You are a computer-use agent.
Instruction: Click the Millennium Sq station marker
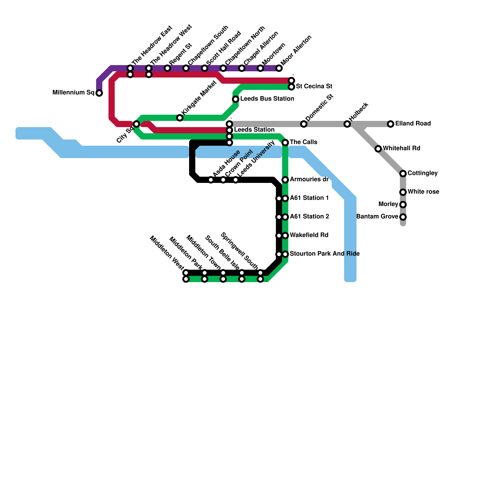(99, 93)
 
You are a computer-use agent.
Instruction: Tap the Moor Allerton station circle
(279, 68)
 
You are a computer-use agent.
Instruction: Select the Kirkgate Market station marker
(180, 118)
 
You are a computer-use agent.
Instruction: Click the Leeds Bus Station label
(267, 99)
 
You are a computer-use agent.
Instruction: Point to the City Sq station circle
(136, 124)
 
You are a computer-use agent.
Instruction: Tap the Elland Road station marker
(391, 124)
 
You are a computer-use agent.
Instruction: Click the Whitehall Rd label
(401, 148)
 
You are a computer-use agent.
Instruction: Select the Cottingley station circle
(403, 174)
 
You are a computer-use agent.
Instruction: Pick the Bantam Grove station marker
(403, 217)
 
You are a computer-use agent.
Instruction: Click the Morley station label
(388, 204)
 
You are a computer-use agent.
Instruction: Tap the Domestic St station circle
(304, 124)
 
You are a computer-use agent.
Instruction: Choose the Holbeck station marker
(347, 124)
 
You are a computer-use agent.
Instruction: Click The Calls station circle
(285, 143)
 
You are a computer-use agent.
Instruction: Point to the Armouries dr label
(309, 179)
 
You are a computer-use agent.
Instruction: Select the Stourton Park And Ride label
(325, 254)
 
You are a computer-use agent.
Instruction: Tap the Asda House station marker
(211, 180)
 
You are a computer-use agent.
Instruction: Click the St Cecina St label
(314, 86)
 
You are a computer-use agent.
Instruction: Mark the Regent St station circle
(167, 68)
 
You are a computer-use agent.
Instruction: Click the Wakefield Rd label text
(309, 235)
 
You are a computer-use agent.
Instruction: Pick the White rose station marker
(403, 192)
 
